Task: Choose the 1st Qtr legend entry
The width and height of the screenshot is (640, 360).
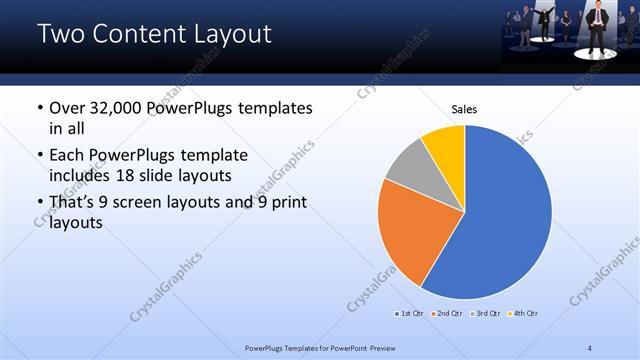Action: (409, 314)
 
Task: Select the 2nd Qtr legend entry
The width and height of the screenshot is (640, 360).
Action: (446, 314)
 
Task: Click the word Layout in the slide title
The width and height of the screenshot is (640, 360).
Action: (226, 34)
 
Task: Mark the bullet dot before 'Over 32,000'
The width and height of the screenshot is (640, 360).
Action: (39, 108)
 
